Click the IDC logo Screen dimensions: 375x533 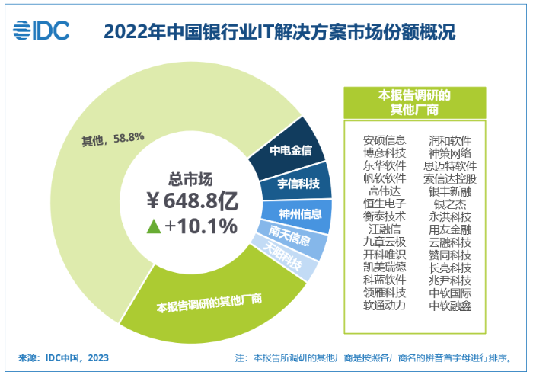point(43,30)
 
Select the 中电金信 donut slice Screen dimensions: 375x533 point(291,149)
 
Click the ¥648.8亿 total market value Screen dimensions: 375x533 point(193,201)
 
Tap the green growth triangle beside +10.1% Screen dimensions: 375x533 point(152,226)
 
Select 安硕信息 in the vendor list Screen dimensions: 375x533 point(385,140)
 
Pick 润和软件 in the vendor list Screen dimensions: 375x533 point(450,140)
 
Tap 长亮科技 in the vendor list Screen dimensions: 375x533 point(450,267)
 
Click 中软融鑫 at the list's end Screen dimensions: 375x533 point(450,305)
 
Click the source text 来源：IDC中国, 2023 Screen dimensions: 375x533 point(63,357)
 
